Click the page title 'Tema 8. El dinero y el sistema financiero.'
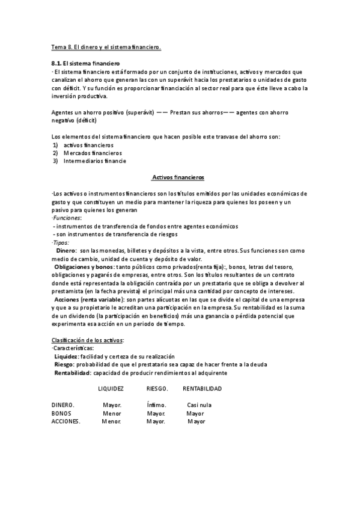point(106,47)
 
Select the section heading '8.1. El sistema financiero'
point(86,63)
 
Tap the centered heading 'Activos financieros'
point(179,178)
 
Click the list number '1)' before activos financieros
point(55,145)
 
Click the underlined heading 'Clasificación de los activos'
point(88,340)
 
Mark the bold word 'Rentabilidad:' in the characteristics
point(73,373)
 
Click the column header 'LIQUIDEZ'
point(111,389)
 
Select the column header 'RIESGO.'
point(157,389)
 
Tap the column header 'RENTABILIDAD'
point(202,389)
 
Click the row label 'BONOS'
point(61,414)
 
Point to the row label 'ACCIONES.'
point(66,422)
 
